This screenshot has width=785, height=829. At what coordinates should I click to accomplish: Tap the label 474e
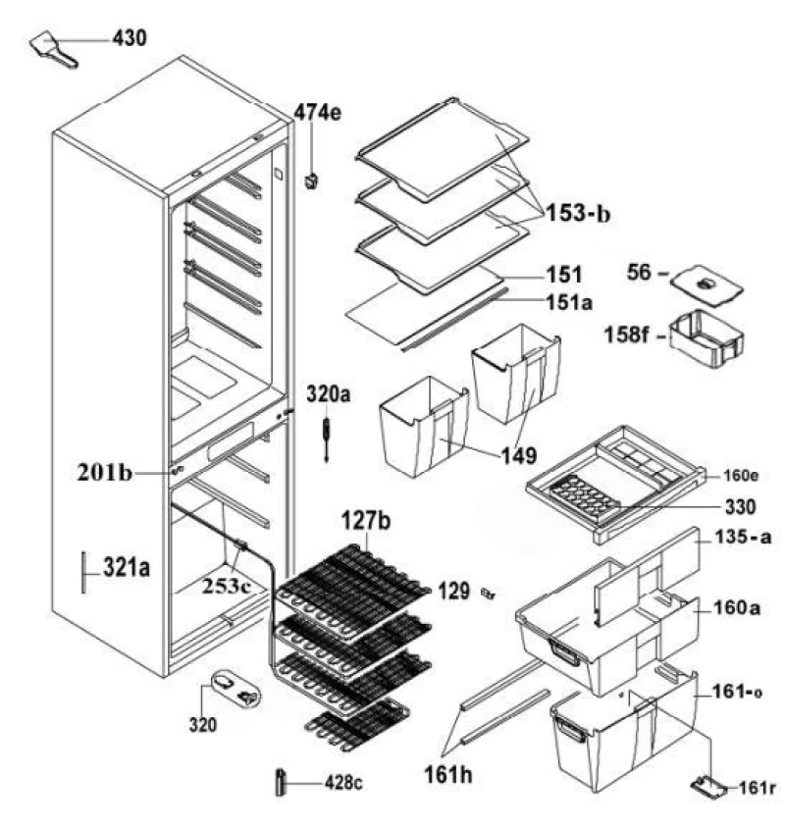coord(318,113)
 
